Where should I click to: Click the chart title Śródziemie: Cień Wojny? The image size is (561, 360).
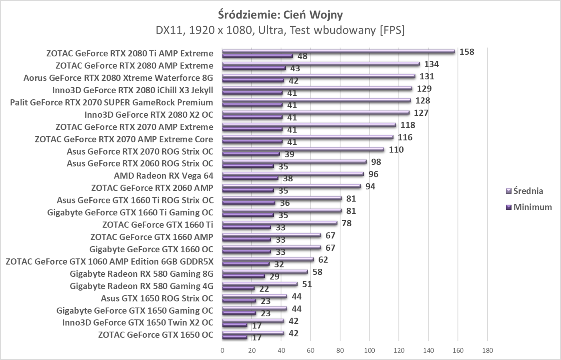280,15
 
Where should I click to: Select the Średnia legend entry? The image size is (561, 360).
528,191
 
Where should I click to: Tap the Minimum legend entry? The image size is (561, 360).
532,207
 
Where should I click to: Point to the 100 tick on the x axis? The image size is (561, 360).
369,351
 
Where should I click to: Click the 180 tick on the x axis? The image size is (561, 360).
487,351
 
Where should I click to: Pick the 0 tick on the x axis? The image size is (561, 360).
222,351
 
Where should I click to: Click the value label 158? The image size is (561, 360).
466,52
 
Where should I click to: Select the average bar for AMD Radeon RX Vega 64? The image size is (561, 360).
293,174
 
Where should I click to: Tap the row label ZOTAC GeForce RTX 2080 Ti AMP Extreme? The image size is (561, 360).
130,53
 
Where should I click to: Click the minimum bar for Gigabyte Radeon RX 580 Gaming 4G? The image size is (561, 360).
238,288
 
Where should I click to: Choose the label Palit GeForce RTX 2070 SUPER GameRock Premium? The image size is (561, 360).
111,103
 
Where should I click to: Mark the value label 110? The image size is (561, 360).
396,150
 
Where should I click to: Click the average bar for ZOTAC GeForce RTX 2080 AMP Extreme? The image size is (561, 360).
321,64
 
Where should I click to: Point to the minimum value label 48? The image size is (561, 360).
302,56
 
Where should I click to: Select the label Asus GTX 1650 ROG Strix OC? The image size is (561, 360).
157,298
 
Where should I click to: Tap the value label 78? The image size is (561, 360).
346,223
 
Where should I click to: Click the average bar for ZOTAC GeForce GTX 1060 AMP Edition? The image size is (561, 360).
268,259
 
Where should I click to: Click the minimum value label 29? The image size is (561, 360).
274,277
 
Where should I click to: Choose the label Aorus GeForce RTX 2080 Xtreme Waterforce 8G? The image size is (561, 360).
118,78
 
